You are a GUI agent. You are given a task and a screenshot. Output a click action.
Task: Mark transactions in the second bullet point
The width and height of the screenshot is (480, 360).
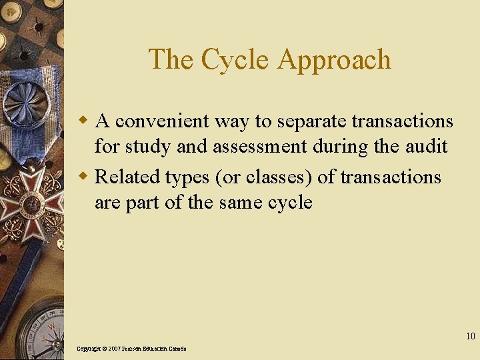[391, 177]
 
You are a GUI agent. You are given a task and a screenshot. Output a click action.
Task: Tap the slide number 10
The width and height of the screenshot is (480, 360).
[471, 336]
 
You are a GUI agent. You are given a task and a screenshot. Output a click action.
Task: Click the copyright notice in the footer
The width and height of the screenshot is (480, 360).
[131, 349]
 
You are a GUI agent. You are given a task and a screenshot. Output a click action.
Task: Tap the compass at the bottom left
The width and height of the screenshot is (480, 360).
[40, 333]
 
